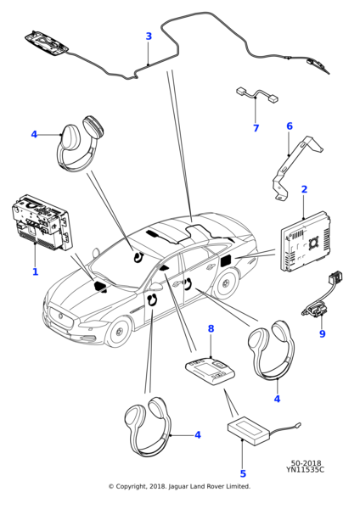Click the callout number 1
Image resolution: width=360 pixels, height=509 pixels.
click(x=35, y=271)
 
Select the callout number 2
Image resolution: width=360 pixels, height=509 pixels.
click(x=304, y=189)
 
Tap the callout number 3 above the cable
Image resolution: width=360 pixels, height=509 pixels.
click(x=149, y=36)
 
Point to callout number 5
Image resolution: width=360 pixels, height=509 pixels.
click(x=243, y=473)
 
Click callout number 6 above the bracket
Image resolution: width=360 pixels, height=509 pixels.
click(x=290, y=126)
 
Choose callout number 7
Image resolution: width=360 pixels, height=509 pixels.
click(x=256, y=128)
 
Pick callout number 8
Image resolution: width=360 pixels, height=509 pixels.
click(x=211, y=328)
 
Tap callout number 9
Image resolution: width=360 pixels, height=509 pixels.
click(x=323, y=333)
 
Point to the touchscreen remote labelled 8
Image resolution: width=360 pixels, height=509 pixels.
click(x=210, y=371)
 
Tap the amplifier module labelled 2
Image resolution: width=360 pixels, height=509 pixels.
click(x=304, y=241)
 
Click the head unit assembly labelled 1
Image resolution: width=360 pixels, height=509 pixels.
click(x=41, y=222)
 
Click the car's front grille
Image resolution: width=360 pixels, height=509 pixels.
click(x=61, y=316)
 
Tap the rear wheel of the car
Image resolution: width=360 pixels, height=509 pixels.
click(x=225, y=282)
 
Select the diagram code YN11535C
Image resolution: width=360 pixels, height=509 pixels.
click(x=305, y=469)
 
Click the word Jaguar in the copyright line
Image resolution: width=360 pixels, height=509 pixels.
click(x=178, y=486)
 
